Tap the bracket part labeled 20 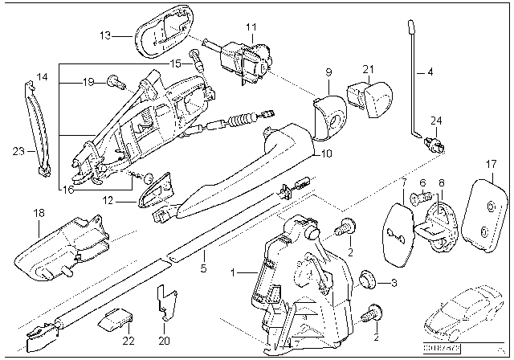[x=165, y=301]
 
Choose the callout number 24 [x=436, y=123]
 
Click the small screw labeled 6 [x=419, y=194]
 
